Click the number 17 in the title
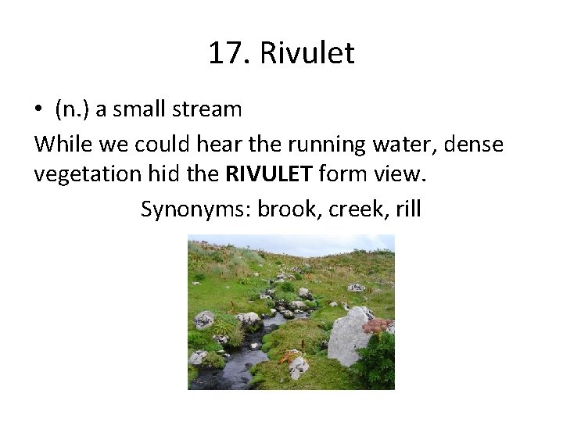coord(223,53)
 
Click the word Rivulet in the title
coord(307,53)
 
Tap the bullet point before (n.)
coord(38,109)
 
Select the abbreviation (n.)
coord(73,109)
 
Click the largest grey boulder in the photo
coord(348,336)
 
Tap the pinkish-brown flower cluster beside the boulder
coord(378,325)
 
